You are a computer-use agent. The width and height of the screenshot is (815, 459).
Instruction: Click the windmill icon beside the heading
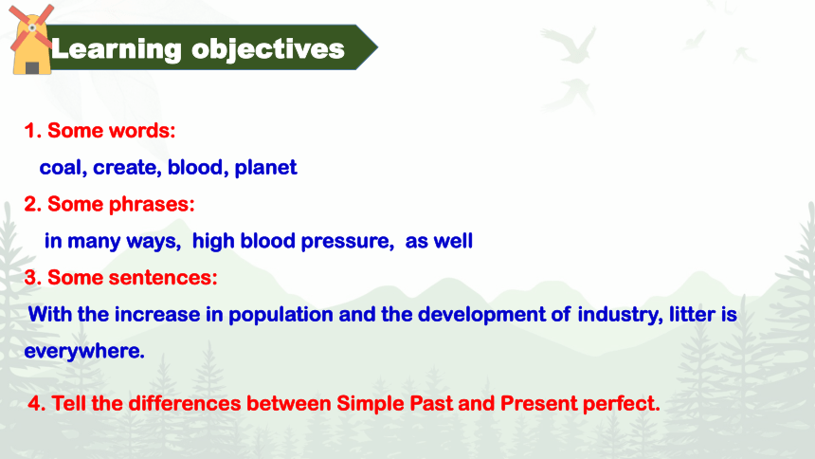point(31,40)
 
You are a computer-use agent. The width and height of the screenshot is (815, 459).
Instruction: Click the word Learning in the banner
point(117,50)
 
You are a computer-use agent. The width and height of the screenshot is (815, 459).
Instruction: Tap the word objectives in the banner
point(267,50)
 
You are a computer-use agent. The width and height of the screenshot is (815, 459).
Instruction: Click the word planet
point(265,168)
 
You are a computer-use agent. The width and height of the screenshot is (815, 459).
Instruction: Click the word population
point(281,315)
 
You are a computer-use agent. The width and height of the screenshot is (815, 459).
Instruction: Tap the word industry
point(620,315)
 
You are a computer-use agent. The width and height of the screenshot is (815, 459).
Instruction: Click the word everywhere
point(84,351)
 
